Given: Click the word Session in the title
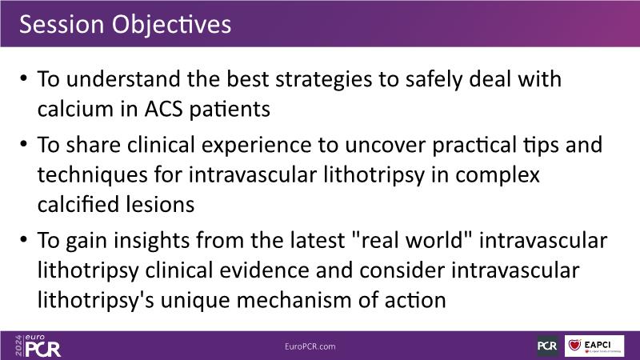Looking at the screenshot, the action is tap(62, 24).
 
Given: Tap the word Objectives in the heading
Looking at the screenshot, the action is tap(171, 25).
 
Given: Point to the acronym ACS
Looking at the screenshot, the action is tap(164, 110).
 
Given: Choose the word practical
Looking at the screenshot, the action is tap(474, 146).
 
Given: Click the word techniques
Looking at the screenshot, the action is tap(93, 176).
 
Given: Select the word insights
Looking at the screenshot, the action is tap(152, 241).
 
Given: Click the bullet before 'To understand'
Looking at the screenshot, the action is tap(23, 78).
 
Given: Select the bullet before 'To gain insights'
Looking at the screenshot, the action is tap(23, 238).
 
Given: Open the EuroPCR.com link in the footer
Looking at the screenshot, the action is tap(310, 346).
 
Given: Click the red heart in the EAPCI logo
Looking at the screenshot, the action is tap(574, 346).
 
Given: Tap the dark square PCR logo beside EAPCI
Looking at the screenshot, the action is tap(548, 346).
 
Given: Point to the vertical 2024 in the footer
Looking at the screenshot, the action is tap(18, 346).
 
